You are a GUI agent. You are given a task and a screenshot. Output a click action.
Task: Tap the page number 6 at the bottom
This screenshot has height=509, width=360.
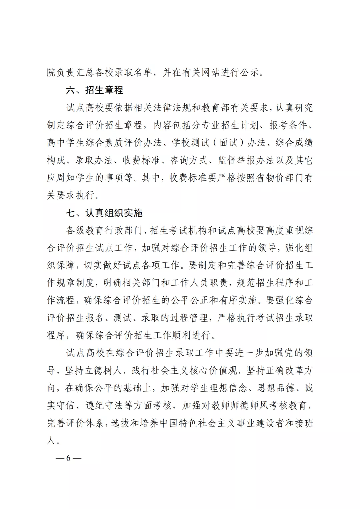click(68, 458)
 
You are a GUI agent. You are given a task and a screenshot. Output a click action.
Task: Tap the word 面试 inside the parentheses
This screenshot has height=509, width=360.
click(229, 143)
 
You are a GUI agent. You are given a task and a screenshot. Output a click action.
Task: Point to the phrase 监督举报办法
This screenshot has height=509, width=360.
click(246, 160)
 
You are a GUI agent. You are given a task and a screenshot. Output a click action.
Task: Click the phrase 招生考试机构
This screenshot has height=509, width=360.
click(179, 230)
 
